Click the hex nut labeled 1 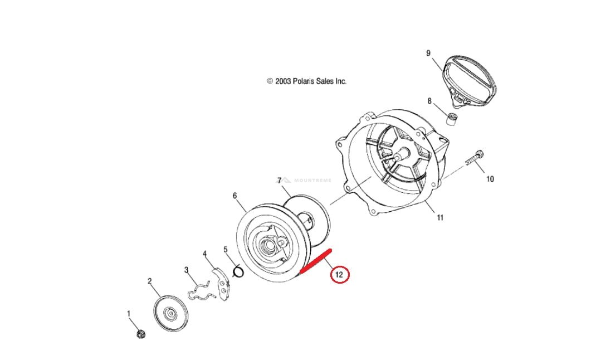click(x=140, y=334)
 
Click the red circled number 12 click(x=339, y=274)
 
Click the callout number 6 click(x=235, y=196)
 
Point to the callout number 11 click(x=440, y=218)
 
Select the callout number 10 click(x=490, y=179)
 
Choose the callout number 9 click(x=428, y=53)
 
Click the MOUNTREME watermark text click(x=312, y=181)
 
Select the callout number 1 click(x=129, y=314)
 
